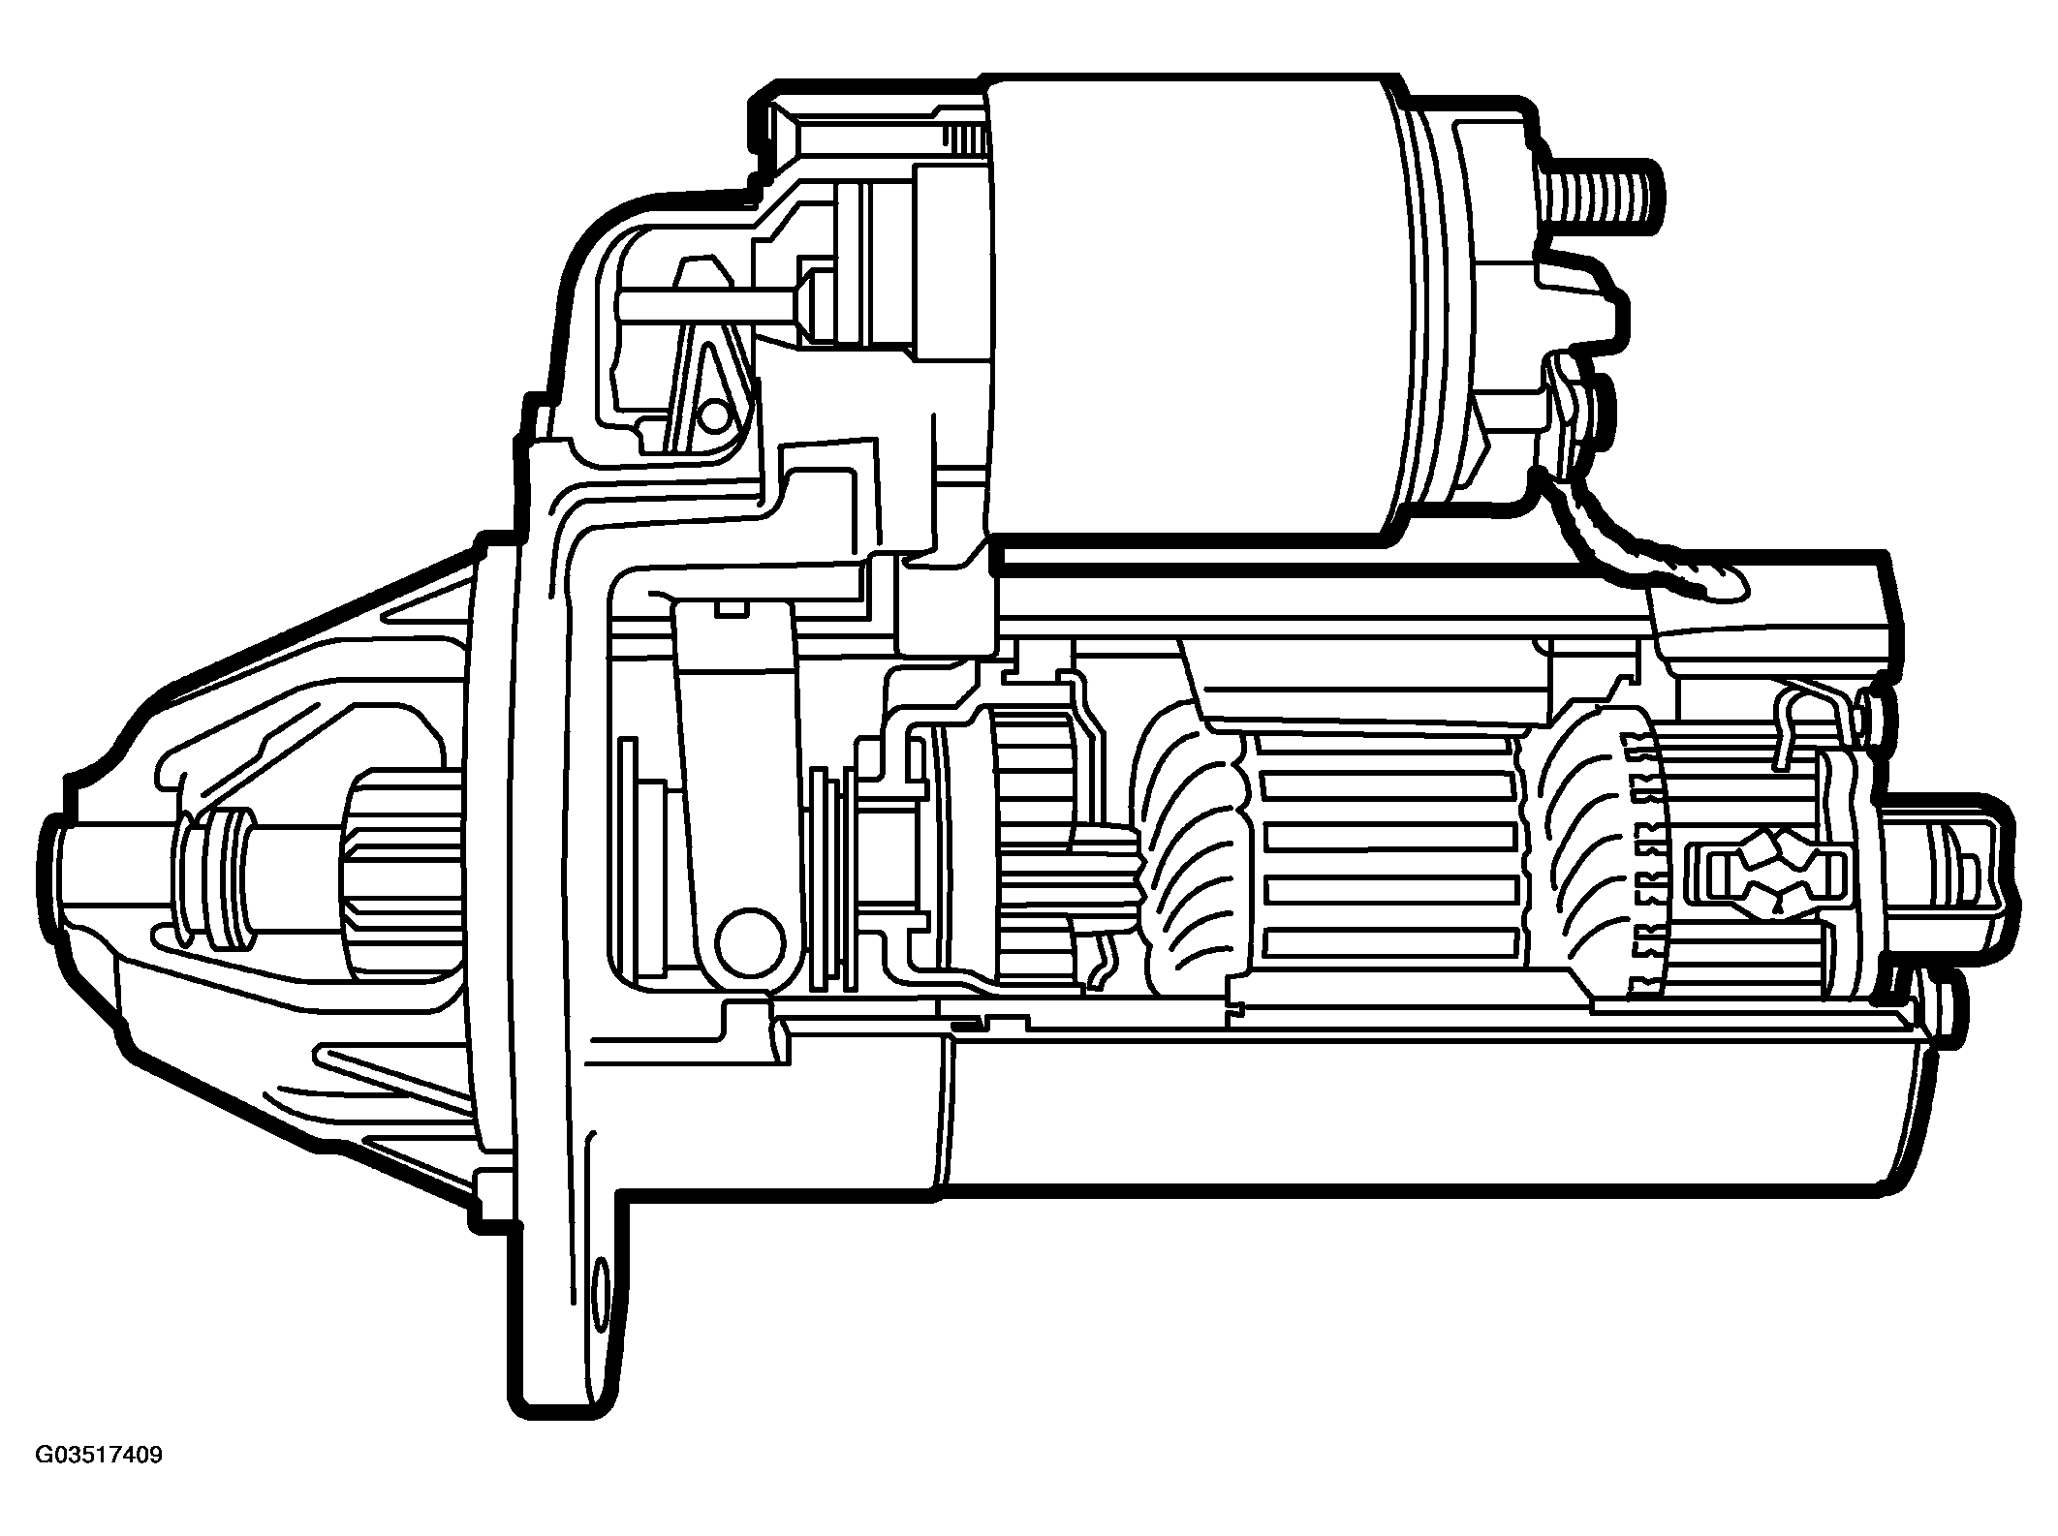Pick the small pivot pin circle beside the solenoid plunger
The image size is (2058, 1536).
[x=714, y=417]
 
